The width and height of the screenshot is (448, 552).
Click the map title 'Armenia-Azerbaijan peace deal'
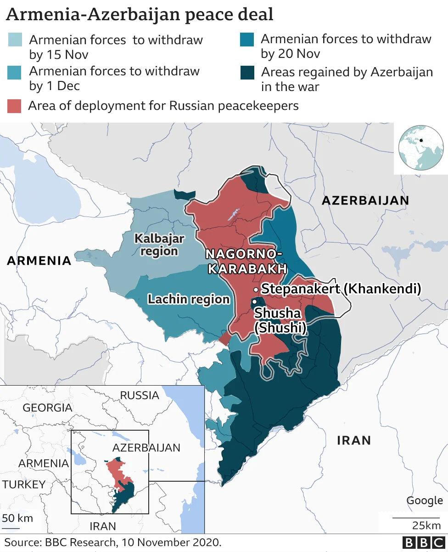pos(140,14)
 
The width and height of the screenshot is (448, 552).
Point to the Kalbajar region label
pos(159,245)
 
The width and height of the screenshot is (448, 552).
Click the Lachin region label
pos(188,299)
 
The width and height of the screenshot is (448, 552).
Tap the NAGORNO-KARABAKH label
pos(244,262)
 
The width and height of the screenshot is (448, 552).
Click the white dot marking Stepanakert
pos(256,290)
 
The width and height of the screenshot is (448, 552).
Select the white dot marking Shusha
pos(253,302)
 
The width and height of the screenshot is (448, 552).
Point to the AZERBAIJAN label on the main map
pos(365,200)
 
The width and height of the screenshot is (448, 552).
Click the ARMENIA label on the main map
pos(39,261)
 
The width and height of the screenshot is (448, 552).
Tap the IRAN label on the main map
pos(353,440)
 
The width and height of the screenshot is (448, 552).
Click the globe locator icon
pos(420,148)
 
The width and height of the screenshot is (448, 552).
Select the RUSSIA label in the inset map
pos(139,395)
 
